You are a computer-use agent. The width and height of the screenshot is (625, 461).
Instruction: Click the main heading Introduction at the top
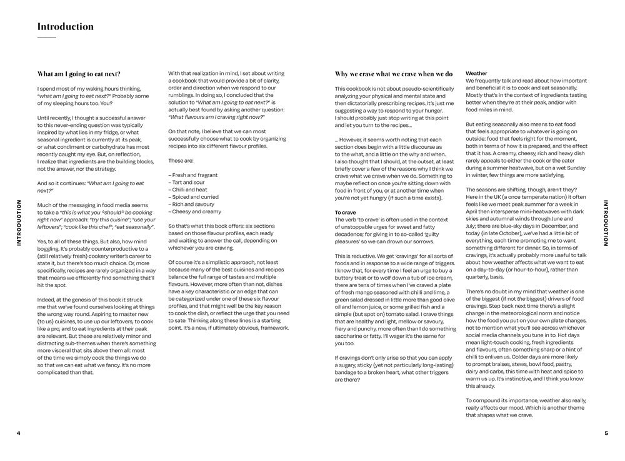pos(66,27)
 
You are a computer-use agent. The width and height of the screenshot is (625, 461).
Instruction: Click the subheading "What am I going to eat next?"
pos(79,74)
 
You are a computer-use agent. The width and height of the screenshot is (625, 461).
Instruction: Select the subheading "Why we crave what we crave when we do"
pos(394,74)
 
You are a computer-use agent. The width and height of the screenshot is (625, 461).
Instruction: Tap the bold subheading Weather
pos(477,73)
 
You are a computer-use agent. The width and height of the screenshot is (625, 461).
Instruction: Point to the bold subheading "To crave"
pos(346,213)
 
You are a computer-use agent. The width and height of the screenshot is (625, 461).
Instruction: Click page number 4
pos(19,433)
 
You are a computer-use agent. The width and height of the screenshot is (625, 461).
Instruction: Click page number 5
pos(606,433)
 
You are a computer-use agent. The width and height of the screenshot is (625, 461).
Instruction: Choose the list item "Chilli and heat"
pos(190,189)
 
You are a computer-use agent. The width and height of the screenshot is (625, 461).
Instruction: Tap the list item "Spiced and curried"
pos(193,196)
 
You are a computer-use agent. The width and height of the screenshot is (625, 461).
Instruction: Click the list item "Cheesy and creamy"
pos(194,212)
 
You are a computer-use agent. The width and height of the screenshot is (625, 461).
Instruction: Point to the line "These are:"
pos(181,160)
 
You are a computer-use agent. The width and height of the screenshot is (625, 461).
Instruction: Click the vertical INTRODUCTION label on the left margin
pos(19,223)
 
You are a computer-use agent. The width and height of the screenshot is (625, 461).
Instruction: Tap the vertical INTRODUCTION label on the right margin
pos(605,223)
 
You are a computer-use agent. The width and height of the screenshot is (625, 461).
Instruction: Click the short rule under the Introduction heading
pos(47,38)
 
